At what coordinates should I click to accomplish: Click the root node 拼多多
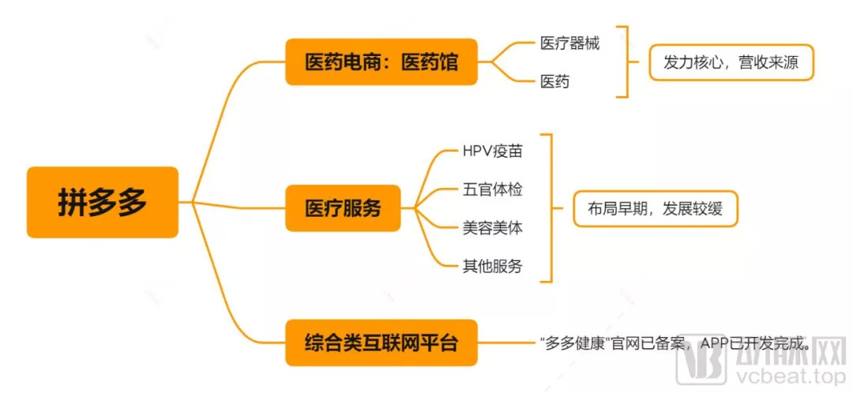102,202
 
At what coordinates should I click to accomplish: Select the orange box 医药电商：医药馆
381,62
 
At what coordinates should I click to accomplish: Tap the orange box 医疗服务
343,208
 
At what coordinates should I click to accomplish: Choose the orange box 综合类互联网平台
381,342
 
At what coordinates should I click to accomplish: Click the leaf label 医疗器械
569,43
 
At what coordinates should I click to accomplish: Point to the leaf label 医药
554,80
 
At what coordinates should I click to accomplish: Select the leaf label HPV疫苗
492,149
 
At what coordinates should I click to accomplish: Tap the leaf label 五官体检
492,189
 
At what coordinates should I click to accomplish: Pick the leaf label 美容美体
492,227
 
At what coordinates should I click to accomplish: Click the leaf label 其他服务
492,266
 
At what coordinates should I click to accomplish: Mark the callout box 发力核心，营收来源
731,62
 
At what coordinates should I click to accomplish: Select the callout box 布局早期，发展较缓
655,208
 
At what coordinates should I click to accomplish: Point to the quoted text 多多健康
574,343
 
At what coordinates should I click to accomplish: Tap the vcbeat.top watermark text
798,378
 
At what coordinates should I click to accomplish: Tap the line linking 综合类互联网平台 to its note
505,342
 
